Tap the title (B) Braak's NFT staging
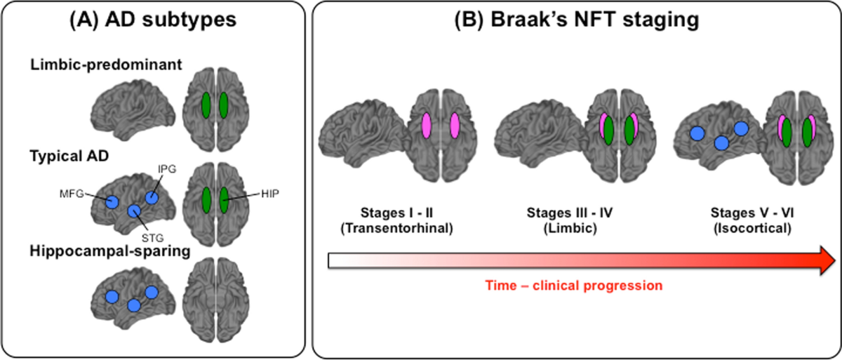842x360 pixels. click(577, 22)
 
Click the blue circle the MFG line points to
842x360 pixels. click(112, 201)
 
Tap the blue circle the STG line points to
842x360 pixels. click(133, 211)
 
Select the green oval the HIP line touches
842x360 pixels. click(223, 199)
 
